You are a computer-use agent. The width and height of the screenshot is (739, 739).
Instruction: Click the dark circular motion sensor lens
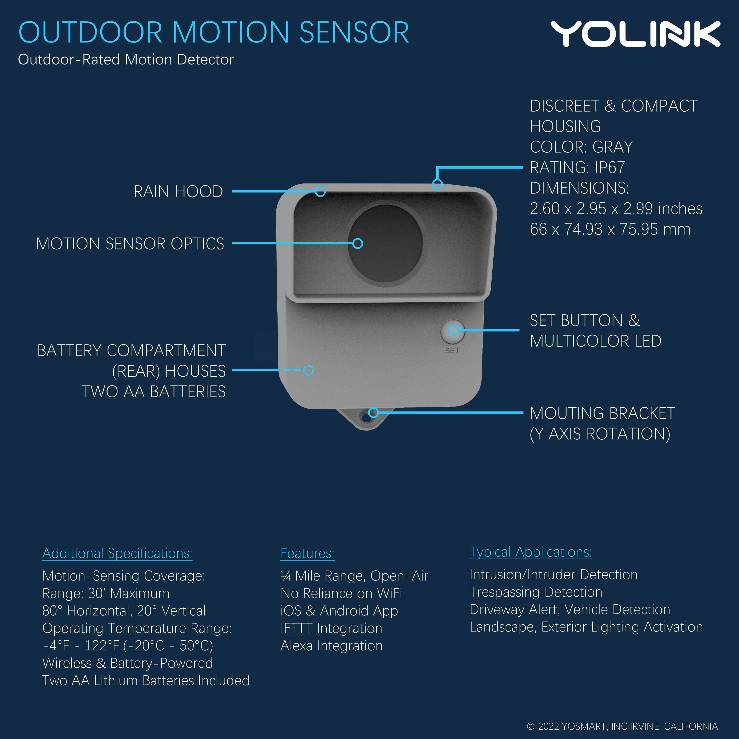tap(385, 243)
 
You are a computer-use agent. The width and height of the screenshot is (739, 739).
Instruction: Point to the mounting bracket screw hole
tap(366, 418)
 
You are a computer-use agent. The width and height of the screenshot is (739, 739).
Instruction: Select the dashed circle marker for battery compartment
tap(308, 370)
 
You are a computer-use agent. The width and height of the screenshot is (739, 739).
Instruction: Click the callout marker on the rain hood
tap(321, 191)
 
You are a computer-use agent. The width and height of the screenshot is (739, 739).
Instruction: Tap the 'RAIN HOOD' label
tap(178, 192)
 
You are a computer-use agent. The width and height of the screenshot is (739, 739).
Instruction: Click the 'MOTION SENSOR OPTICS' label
tap(130, 244)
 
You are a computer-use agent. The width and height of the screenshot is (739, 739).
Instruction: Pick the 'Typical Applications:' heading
tap(531, 552)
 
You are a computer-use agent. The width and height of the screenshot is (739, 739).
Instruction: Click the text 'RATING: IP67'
tap(577, 167)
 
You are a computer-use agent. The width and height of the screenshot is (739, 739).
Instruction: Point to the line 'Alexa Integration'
tap(332, 646)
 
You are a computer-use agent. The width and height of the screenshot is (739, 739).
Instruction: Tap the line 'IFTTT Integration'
tap(331, 628)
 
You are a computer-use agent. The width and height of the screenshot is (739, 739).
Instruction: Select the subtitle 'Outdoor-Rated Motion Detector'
tap(126, 59)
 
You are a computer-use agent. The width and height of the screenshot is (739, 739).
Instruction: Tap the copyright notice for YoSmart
tap(622, 726)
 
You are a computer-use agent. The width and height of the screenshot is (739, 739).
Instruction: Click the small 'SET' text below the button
tap(452, 350)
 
